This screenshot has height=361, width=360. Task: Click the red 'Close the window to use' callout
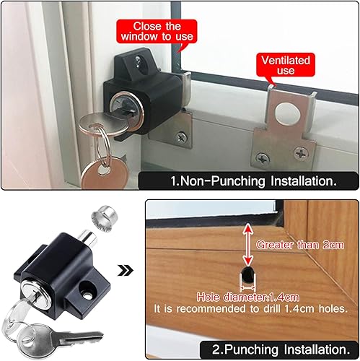[x=157, y=32]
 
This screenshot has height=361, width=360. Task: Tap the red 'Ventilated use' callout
[x=286, y=65]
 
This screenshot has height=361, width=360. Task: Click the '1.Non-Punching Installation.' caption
[x=253, y=181]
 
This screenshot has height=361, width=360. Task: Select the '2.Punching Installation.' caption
[x=281, y=349]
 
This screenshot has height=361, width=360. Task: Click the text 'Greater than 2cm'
[x=300, y=245]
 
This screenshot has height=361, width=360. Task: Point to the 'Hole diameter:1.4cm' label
[x=248, y=297]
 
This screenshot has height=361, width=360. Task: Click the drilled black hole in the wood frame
[x=247, y=274]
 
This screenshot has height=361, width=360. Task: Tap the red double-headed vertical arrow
[x=248, y=244]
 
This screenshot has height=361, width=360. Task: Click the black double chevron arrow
[x=126, y=271]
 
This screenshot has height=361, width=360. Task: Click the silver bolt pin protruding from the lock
[x=88, y=238]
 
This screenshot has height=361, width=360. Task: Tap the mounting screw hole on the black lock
[x=87, y=291]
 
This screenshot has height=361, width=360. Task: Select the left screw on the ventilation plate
[x=263, y=158]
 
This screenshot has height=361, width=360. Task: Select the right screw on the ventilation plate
[x=301, y=152]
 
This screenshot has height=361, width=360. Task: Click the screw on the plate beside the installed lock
[x=181, y=137]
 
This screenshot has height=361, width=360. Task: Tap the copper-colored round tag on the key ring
[x=104, y=173]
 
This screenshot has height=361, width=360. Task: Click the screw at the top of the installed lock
[x=138, y=59]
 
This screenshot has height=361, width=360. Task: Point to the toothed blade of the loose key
[x=82, y=336]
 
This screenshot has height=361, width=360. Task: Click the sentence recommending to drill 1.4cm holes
[x=250, y=309]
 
